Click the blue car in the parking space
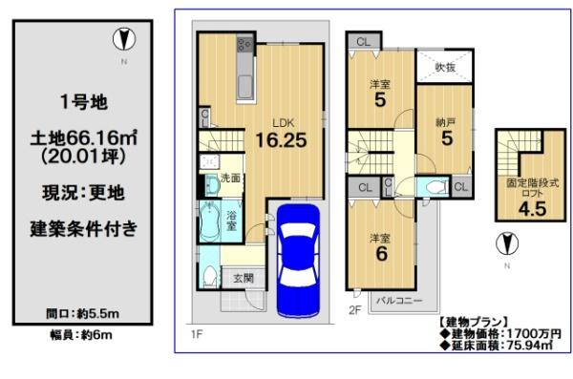point(299,261)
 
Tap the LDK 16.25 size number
point(281,140)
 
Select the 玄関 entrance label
point(244,279)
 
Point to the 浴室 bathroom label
point(231,221)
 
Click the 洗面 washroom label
point(230,178)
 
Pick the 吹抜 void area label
point(445,67)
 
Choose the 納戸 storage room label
point(446,122)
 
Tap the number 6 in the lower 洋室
point(381,254)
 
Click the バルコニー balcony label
point(399,301)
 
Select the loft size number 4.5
point(533,209)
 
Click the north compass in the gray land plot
point(124,39)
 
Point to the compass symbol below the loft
point(507,243)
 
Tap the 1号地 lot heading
point(84,102)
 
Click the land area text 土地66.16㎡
point(84,138)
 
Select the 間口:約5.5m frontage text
point(82,313)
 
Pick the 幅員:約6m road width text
point(81,335)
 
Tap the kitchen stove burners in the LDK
point(244,45)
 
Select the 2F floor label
point(355,310)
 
